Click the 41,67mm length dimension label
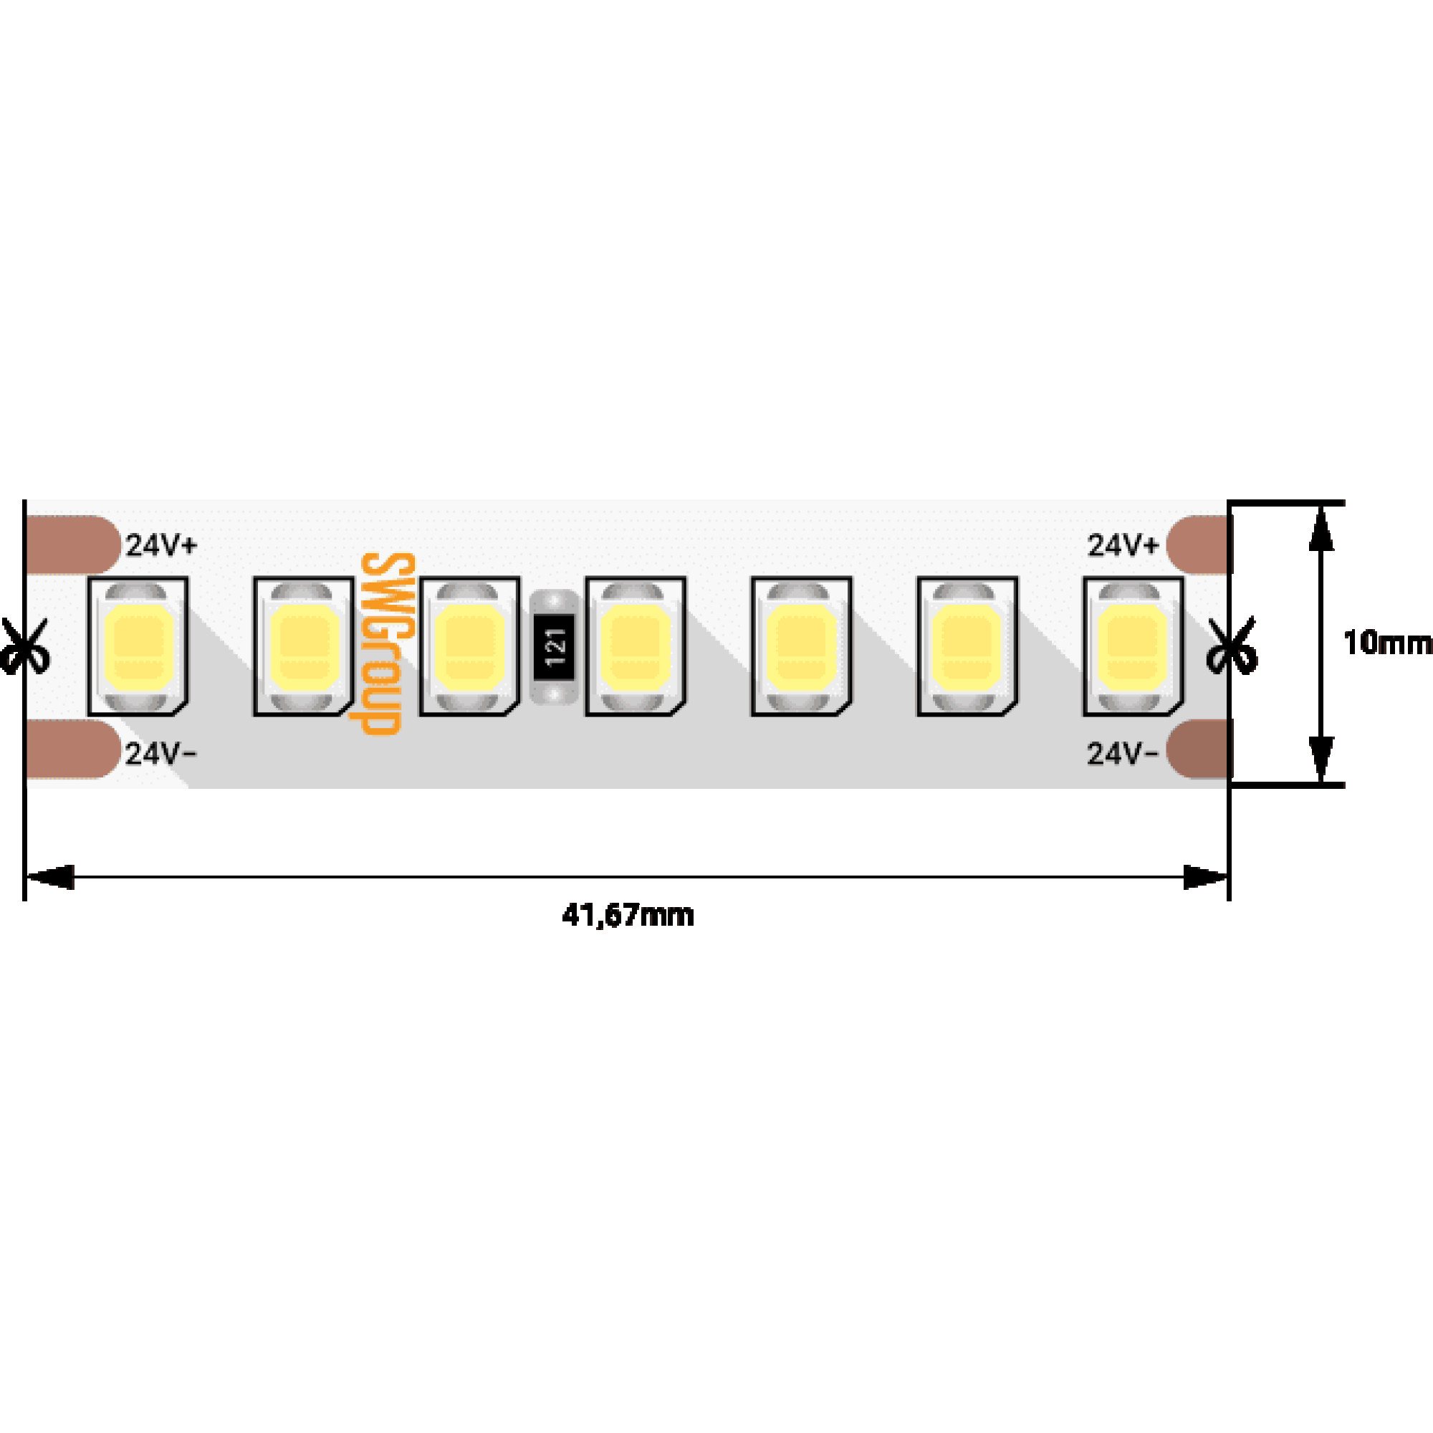(628, 915)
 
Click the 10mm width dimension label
(1386, 643)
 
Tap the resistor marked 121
(555, 646)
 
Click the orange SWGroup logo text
(385, 643)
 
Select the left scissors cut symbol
(24, 646)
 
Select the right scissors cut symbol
(1231, 646)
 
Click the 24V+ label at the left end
(161, 546)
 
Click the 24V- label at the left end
(160, 754)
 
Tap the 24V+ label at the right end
(1122, 546)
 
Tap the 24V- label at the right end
(1121, 754)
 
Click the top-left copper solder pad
(72, 545)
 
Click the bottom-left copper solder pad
(72, 749)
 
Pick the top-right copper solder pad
(1198, 545)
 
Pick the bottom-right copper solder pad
(1198, 749)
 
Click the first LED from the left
(138, 646)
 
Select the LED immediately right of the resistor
(636, 646)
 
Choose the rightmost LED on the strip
(1133, 646)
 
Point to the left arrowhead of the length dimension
(50, 877)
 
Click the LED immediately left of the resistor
(469, 646)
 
